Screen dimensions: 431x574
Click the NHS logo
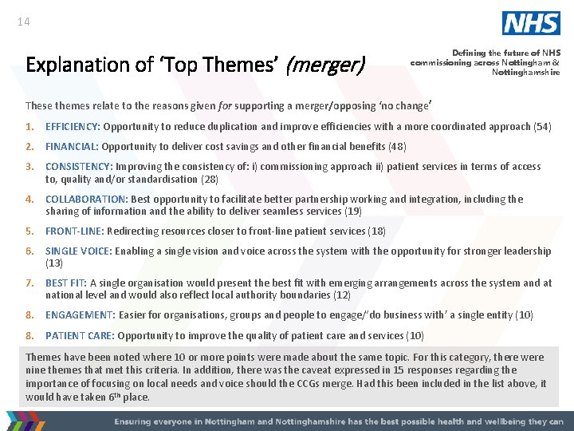click(x=531, y=23)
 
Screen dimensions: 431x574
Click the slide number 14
click(x=23, y=22)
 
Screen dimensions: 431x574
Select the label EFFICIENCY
click(x=73, y=126)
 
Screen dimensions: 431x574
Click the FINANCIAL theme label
click(x=72, y=146)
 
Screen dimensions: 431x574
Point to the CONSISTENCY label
click(x=78, y=167)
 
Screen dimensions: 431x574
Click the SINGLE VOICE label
click(x=79, y=251)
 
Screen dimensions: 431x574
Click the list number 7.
click(x=29, y=283)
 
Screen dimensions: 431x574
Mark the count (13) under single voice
click(x=54, y=263)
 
